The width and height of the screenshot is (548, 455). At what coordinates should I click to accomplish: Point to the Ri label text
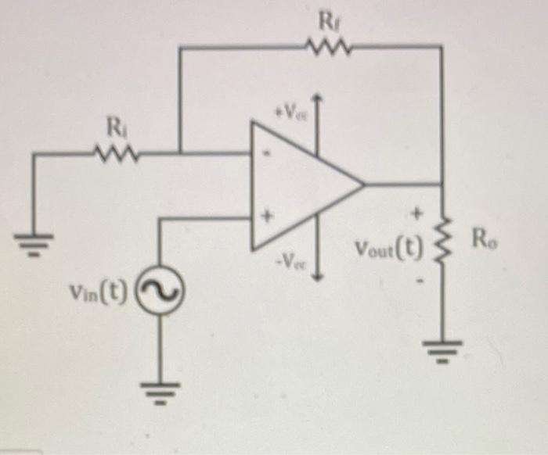[x=115, y=126]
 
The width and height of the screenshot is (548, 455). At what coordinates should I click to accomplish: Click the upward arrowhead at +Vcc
[x=317, y=99]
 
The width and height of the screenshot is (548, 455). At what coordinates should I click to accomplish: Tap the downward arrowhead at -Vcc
[x=317, y=276]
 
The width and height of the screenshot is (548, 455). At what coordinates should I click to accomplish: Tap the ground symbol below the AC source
[x=161, y=385]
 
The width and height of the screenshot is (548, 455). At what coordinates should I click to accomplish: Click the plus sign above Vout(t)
[x=417, y=211]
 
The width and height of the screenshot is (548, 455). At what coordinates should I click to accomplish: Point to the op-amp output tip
[x=364, y=185]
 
